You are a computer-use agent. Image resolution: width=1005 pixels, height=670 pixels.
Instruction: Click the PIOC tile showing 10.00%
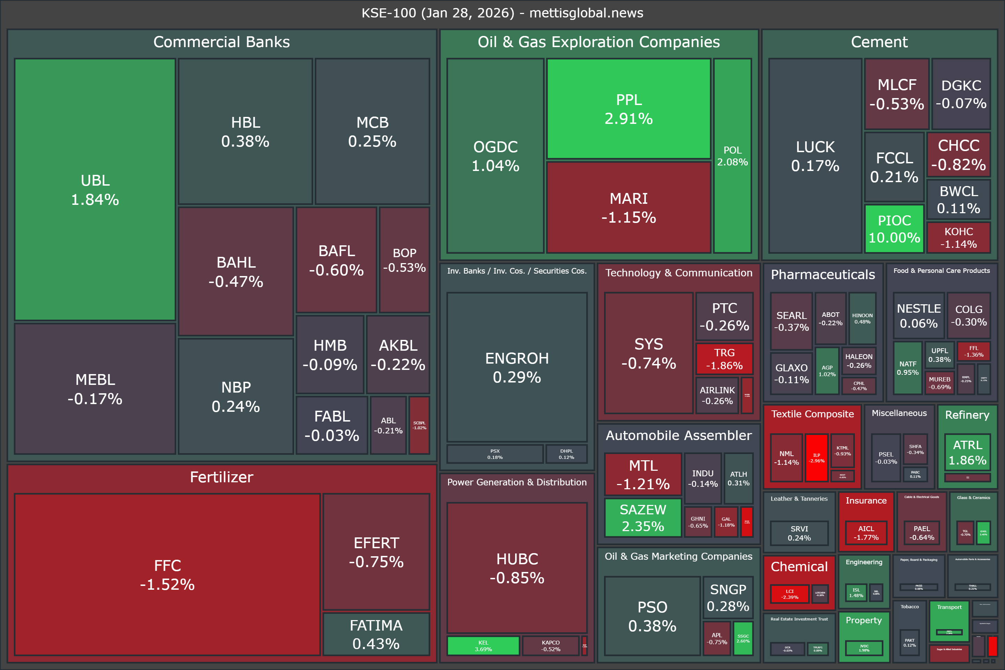pyautogui.click(x=894, y=229)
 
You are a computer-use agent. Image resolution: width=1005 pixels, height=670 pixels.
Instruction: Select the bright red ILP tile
pyautogui.click(x=816, y=457)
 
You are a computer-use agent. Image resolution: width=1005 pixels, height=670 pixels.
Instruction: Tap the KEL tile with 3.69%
pyautogui.click(x=483, y=645)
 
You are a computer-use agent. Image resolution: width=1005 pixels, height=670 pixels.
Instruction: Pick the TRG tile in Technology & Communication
pyautogui.click(x=724, y=359)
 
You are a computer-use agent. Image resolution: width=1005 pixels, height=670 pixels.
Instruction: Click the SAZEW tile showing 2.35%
pyautogui.click(x=643, y=518)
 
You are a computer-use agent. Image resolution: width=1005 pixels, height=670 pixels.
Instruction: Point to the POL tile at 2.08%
pyautogui.click(x=732, y=156)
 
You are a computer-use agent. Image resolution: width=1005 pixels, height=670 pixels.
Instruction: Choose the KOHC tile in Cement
pyautogui.click(x=959, y=238)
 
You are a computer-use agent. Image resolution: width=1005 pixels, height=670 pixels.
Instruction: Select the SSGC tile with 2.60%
pyautogui.click(x=743, y=638)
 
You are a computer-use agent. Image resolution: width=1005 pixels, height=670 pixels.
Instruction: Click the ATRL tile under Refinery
pyautogui.click(x=967, y=452)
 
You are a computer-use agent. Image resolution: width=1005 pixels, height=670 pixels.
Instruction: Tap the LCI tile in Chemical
pyautogui.click(x=789, y=594)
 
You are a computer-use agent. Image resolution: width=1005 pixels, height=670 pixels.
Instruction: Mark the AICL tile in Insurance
pyautogui.click(x=866, y=533)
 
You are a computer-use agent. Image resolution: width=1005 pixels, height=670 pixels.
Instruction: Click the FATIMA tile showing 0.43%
pyautogui.click(x=376, y=634)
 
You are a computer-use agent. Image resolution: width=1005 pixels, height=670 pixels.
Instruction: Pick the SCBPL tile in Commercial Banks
pyautogui.click(x=419, y=425)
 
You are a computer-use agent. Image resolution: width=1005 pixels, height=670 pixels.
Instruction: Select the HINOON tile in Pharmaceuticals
pyautogui.click(x=862, y=318)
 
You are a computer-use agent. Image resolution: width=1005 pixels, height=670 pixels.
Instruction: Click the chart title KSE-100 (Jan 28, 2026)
pyautogui.click(x=502, y=13)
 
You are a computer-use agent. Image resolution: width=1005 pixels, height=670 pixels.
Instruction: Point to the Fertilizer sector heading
pyautogui.click(x=221, y=477)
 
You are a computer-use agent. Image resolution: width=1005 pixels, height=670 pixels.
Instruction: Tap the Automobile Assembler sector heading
pyautogui.click(x=678, y=435)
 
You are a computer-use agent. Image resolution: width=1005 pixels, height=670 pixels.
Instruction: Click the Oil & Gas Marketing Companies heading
pyautogui.click(x=678, y=556)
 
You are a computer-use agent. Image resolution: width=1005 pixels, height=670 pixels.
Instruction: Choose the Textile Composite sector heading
pyautogui.click(x=812, y=414)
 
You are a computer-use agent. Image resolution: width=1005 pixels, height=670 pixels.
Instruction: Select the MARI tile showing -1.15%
pyautogui.click(x=628, y=208)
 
